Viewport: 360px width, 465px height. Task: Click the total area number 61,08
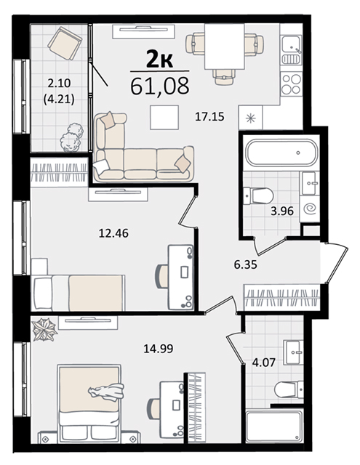(160, 86)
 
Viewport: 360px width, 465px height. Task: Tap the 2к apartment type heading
(160, 60)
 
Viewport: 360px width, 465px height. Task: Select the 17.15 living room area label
(209, 117)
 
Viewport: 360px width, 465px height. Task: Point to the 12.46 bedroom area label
(113, 233)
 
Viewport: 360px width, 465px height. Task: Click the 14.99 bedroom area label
(159, 349)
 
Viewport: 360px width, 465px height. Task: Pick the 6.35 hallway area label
(245, 264)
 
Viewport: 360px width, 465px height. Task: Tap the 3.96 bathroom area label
(282, 211)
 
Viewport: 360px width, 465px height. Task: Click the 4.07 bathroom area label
(264, 362)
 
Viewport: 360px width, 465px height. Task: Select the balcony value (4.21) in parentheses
(59, 99)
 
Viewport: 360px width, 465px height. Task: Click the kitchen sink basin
(292, 44)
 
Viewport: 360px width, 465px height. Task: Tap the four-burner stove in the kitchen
(291, 84)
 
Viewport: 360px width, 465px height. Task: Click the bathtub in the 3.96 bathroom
(281, 153)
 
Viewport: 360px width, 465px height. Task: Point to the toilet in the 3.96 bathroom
(258, 195)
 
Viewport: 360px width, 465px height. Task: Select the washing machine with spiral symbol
(310, 209)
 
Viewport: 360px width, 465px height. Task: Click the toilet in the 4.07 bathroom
(289, 389)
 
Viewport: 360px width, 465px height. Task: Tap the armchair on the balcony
(65, 44)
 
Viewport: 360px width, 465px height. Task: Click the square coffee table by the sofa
(164, 118)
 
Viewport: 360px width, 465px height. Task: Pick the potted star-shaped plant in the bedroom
(44, 329)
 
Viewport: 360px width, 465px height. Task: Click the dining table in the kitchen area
(225, 46)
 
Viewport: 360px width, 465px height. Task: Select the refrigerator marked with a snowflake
(250, 118)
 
